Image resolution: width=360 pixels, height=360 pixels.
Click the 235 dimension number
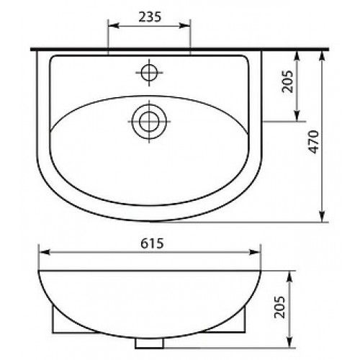(x=150, y=17)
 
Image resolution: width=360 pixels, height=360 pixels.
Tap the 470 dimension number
(x=314, y=142)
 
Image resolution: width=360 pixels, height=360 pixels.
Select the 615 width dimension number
(x=152, y=243)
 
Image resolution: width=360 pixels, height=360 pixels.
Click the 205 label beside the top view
(x=287, y=81)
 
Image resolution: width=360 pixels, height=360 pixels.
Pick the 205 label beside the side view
(x=280, y=307)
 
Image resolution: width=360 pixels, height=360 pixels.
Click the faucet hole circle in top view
(x=149, y=73)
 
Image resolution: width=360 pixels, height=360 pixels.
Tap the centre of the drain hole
(x=149, y=122)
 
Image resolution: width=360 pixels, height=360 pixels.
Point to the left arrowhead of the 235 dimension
(x=114, y=25)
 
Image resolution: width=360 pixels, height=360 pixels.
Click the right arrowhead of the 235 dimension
(x=185, y=25)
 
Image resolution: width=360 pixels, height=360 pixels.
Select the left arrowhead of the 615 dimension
(x=44, y=252)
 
